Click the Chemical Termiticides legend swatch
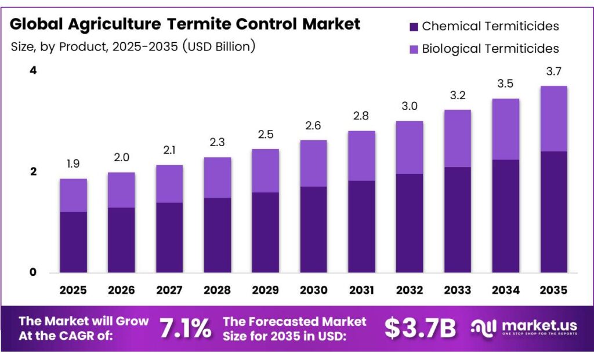[x=414, y=27]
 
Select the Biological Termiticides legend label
[x=490, y=49]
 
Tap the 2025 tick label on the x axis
[x=73, y=289]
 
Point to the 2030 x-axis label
[x=313, y=289]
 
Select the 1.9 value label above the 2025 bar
[x=73, y=164]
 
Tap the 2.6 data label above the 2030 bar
[x=313, y=126]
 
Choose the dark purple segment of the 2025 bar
[x=73, y=242]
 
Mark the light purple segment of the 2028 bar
[x=217, y=177]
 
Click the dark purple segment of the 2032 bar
[x=410, y=223]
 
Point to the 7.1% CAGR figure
[x=185, y=329]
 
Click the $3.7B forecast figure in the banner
[x=420, y=329]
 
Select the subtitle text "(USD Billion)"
[x=219, y=46]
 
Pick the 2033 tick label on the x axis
[x=457, y=289]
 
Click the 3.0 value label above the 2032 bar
[x=410, y=107]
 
